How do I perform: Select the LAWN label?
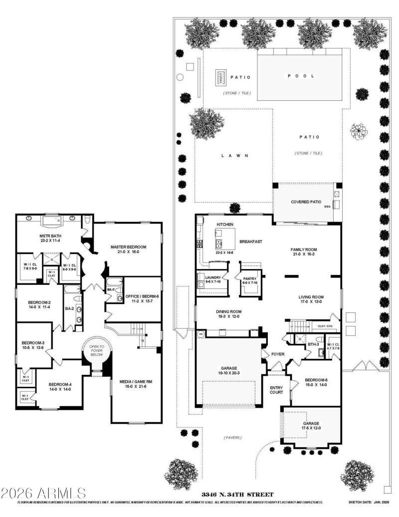tap(234, 156)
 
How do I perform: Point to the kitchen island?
tap(221, 239)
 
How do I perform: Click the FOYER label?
tap(277, 354)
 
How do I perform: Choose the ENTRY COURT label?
tap(277, 390)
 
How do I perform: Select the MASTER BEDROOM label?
tap(129, 247)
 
